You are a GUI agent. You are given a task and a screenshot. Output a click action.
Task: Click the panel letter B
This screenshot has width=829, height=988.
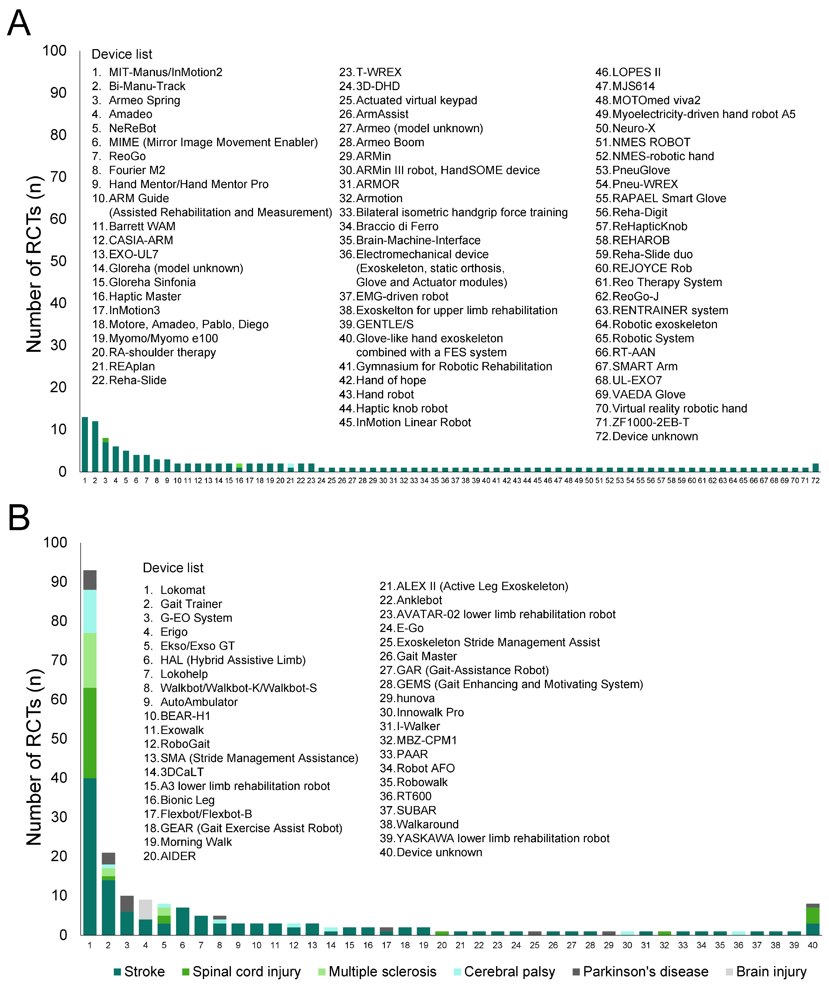19,518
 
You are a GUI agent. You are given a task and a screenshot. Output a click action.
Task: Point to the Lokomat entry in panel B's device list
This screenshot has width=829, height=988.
183,590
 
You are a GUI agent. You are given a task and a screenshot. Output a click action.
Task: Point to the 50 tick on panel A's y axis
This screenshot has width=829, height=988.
58,261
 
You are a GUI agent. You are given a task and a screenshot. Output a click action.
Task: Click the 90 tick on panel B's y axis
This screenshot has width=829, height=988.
59,582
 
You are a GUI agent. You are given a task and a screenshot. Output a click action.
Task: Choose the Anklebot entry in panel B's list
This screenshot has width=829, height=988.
419,600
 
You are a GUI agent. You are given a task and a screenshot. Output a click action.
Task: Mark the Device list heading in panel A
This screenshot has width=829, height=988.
122,55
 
